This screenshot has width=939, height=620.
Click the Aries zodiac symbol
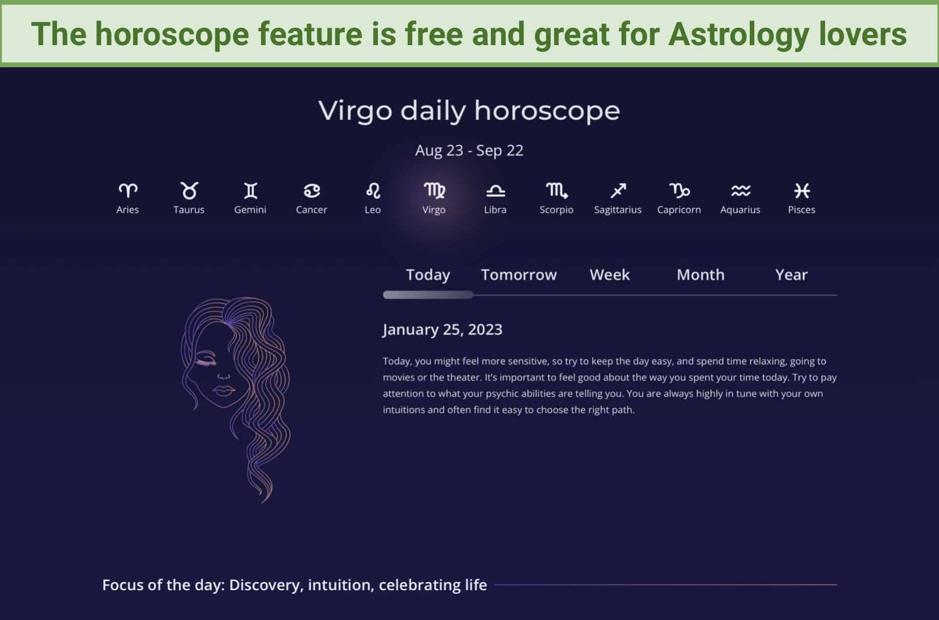pos(128,191)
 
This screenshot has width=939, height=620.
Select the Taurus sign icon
pos(189,190)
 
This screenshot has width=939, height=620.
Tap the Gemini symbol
pos(250,191)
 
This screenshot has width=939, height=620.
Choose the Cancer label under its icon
pos(311,209)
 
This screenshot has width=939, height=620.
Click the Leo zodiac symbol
pos(373,191)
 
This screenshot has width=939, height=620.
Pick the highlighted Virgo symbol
pos(434,191)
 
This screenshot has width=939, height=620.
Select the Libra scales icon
pos(495,191)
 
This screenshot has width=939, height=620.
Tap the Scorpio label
pos(556,209)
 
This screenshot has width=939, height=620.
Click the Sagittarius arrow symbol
pos(618,191)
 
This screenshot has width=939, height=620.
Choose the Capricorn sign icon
pos(679,191)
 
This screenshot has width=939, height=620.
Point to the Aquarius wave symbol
pos(741,191)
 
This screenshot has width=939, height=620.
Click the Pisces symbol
pos(802,191)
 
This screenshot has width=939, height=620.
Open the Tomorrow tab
pos(518,275)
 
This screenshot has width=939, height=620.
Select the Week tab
pos(609,275)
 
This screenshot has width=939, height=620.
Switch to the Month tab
pos(701,275)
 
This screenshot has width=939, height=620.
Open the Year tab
pos(791,275)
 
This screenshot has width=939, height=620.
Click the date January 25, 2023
pos(443,330)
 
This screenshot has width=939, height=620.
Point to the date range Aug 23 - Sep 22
pos(469,150)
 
